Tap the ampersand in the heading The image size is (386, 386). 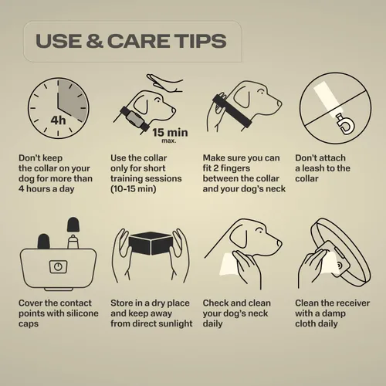(x=95, y=41)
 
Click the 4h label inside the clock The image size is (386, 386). (x=58, y=120)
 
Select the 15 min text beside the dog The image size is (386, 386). (x=170, y=133)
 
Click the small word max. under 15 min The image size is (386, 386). (x=169, y=141)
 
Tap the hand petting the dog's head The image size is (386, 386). (x=164, y=83)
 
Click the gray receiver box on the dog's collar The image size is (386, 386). (x=134, y=120)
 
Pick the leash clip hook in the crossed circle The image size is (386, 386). (x=346, y=124)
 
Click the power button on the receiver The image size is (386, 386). (x=58, y=266)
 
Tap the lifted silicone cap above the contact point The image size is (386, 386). (x=73, y=225)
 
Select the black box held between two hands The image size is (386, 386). (x=151, y=243)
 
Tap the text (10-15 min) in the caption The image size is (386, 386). (x=134, y=189)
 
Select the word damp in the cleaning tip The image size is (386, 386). (x=333, y=313)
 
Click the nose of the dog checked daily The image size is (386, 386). (x=279, y=243)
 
